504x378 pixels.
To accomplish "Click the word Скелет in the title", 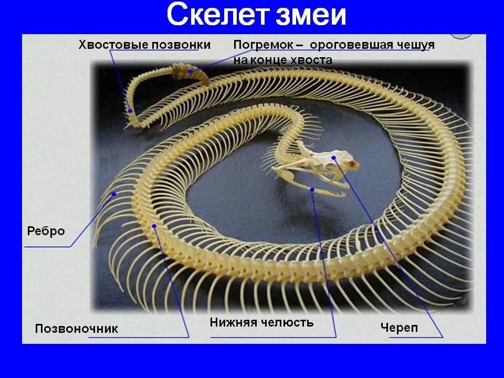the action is [217, 15].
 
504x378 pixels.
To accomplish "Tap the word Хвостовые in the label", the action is [113, 45].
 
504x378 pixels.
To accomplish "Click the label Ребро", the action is [46, 231].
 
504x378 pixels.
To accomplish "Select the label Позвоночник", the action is [77, 329].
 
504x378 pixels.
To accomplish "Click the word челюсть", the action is [287, 322].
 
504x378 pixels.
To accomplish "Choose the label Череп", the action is [399, 328].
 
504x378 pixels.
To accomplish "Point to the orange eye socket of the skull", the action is [353, 164].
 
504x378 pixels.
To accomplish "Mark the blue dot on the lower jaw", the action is [312, 190].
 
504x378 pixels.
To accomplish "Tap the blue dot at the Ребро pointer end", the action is [114, 194].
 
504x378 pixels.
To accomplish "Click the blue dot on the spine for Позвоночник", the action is [154, 226].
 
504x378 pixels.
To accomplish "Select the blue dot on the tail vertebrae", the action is [130, 111].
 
